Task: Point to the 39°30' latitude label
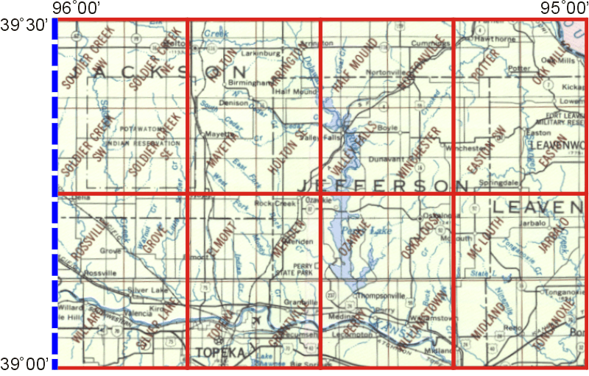[x=24, y=26]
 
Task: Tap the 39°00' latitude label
[x=24, y=363]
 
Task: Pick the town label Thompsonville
[x=380, y=296]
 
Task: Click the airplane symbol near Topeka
[x=255, y=320]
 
